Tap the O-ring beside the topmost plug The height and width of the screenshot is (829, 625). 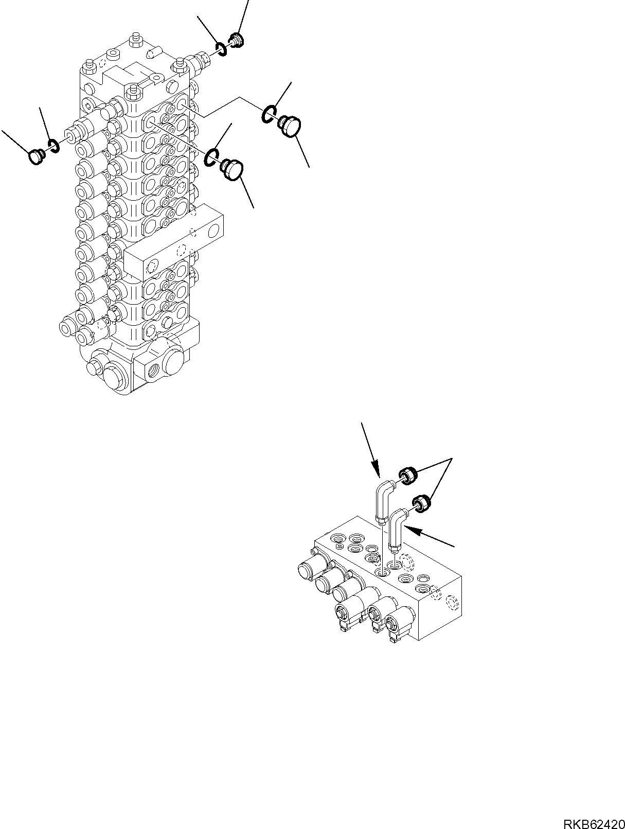pyautogui.click(x=221, y=49)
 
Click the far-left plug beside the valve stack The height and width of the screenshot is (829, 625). pyautogui.click(x=37, y=156)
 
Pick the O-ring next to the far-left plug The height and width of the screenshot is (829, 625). pyautogui.click(x=53, y=147)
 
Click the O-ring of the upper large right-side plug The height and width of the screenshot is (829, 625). pyautogui.click(x=268, y=115)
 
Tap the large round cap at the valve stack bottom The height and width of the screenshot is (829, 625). pyautogui.click(x=114, y=378)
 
